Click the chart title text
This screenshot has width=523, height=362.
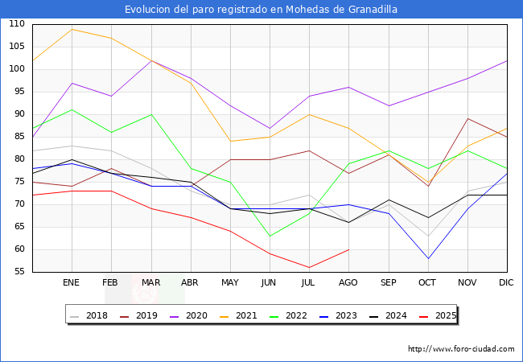click(x=261, y=9)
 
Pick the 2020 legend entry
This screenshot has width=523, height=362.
click(x=193, y=315)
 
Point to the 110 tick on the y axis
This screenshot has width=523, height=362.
click(x=16, y=24)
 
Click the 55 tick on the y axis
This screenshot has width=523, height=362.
click(x=19, y=272)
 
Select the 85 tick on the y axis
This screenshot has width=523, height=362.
click(x=19, y=137)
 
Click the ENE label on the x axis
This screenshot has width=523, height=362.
click(x=72, y=283)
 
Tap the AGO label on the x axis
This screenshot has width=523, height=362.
click(x=348, y=283)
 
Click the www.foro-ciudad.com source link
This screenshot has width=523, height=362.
click(x=461, y=349)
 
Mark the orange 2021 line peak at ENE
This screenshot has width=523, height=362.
click(x=72, y=29)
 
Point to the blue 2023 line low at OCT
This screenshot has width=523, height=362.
click(x=427, y=258)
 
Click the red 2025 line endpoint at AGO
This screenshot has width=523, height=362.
click(x=348, y=249)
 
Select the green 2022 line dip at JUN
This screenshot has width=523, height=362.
click(x=270, y=236)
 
